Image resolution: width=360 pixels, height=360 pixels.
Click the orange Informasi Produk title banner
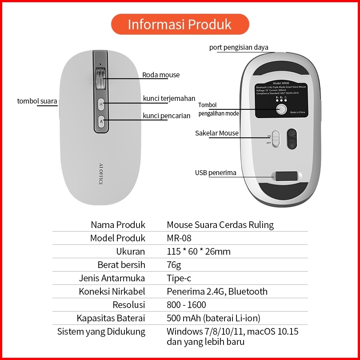point(180,24)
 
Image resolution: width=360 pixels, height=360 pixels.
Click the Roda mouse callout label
point(161,75)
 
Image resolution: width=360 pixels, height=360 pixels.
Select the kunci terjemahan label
point(169,98)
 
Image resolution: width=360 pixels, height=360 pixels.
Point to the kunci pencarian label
point(166,116)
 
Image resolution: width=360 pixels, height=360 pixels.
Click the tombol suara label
point(37,101)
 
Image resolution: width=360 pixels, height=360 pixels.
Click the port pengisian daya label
point(239,48)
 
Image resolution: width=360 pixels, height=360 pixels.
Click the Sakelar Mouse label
point(217,133)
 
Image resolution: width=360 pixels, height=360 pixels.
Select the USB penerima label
point(216,172)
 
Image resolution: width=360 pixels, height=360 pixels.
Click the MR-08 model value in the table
point(179,238)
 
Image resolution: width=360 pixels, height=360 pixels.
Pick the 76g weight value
point(174,265)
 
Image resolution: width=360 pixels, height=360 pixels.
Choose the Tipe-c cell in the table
point(179,278)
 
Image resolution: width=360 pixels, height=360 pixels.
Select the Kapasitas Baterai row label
point(111,318)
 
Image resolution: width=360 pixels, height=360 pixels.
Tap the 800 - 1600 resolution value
point(186,305)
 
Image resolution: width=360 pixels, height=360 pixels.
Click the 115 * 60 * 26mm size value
point(199,252)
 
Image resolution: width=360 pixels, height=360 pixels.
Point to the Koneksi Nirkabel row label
point(112,292)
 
